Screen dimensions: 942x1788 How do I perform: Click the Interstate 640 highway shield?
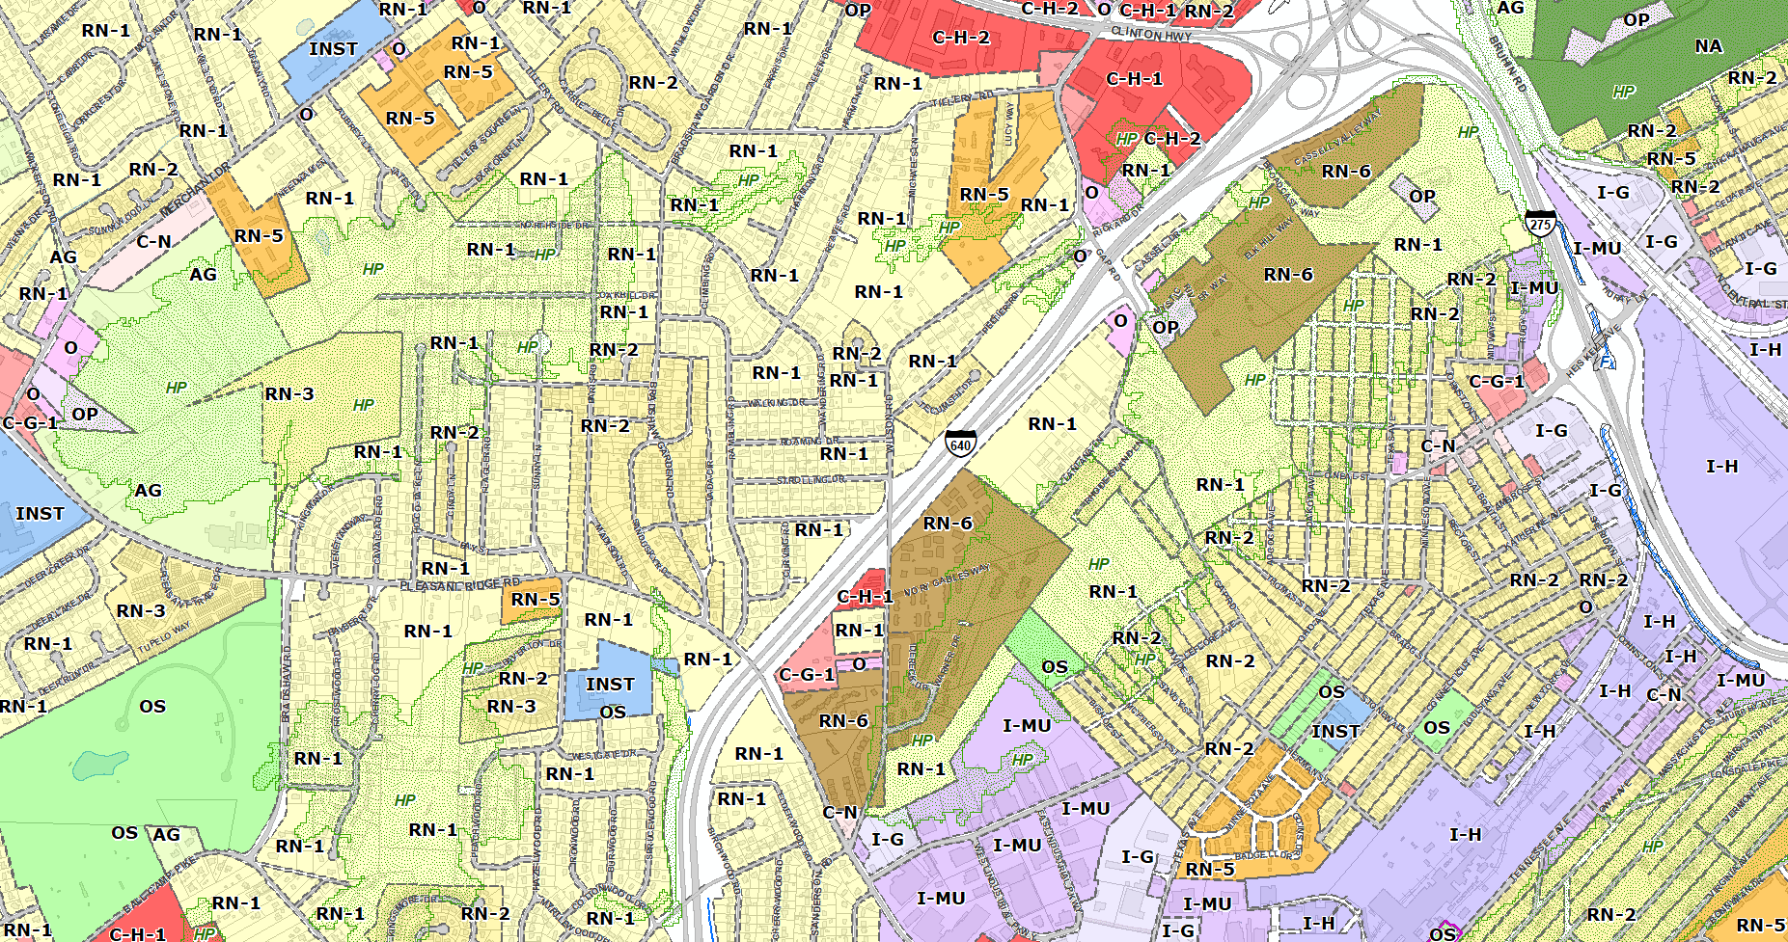point(959,443)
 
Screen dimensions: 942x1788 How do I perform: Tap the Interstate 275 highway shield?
point(1541,223)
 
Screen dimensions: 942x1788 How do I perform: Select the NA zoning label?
point(1708,46)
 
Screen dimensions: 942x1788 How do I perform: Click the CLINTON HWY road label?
point(1151,34)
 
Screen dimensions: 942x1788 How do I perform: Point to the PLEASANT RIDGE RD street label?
point(459,585)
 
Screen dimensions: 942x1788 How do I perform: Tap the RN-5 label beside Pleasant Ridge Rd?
point(535,599)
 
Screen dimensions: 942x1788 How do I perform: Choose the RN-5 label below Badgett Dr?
point(1210,869)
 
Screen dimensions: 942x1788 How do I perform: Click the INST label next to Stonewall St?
point(1335,732)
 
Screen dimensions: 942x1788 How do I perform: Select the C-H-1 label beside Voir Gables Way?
point(865,597)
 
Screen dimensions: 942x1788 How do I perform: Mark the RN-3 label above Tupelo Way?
point(141,610)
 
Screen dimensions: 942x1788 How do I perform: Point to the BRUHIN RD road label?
point(1507,66)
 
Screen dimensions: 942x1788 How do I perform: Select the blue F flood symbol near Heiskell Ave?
point(1605,363)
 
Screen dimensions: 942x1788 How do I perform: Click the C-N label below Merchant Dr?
point(153,242)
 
